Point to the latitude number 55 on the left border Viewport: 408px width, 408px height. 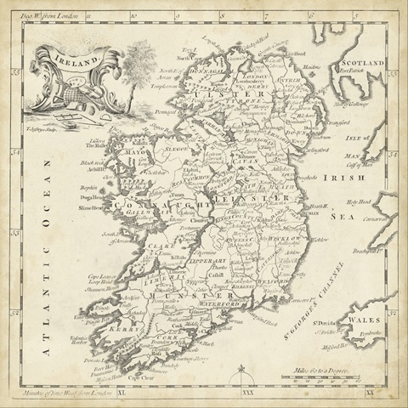pos(15,76)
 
